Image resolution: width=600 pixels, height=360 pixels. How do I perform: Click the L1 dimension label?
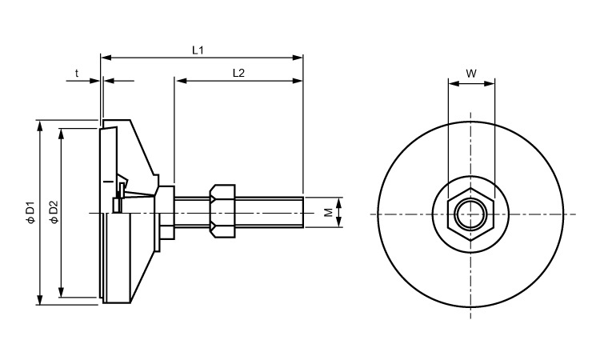pyautogui.click(x=199, y=50)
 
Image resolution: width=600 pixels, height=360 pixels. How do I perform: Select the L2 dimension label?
pyautogui.click(x=238, y=73)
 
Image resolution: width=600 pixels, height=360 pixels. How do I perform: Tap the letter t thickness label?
pyautogui.click(x=78, y=73)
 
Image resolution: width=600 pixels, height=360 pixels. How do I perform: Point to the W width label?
pyautogui.click(x=471, y=74)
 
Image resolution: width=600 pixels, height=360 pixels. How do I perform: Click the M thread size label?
pyautogui.click(x=328, y=213)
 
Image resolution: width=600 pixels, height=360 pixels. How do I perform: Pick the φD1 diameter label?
pyautogui.click(x=30, y=213)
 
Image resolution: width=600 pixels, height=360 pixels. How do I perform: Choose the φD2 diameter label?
pyautogui.click(x=53, y=213)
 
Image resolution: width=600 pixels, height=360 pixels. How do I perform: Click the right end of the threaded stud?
pyautogui.click(x=302, y=213)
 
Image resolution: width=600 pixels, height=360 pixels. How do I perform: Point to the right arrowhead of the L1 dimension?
pyautogui.click(x=300, y=58)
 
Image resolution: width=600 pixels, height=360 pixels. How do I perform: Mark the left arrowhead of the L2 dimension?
pyautogui.click(x=178, y=81)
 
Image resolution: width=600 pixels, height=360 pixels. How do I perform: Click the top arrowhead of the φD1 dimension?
pyautogui.click(x=38, y=124)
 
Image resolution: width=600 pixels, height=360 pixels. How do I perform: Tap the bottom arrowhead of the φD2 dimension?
pyautogui.click(x=62, y=293)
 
